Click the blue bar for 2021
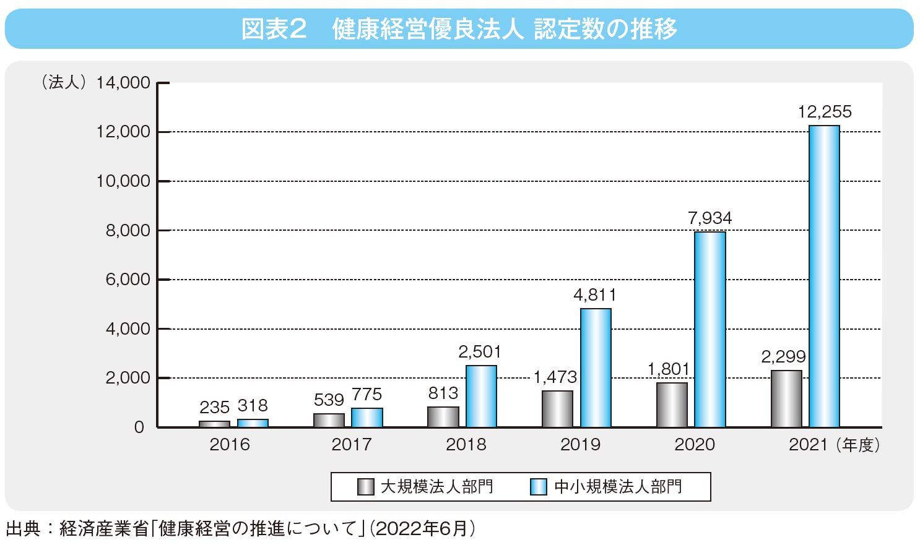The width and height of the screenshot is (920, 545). pos(824,276)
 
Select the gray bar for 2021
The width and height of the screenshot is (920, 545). pos(786,398)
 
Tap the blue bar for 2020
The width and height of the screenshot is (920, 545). pos(710,329)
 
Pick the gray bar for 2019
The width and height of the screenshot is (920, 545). pos(557,408)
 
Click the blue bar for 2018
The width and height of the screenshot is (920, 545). pos(481,396)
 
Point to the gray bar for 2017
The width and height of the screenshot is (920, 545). pos(329,420)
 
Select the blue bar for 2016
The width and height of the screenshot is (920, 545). pos(253,423)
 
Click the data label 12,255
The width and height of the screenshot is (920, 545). pos(824,112)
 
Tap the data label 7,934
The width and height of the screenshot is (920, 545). pos(710,218)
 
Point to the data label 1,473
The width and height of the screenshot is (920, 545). pos(555,377)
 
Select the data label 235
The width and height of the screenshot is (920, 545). pos(214,407)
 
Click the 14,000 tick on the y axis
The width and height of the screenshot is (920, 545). pos(123,83)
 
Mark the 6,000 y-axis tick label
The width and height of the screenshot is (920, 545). pos(128,280)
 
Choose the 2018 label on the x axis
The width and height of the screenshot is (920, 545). pos(466,445)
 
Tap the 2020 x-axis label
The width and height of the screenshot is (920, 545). pos(695,445)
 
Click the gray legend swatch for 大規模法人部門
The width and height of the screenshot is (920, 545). pos(366,487)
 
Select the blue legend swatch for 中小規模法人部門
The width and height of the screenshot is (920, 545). pos(539,487)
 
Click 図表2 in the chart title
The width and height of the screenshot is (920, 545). pos(274,29)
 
